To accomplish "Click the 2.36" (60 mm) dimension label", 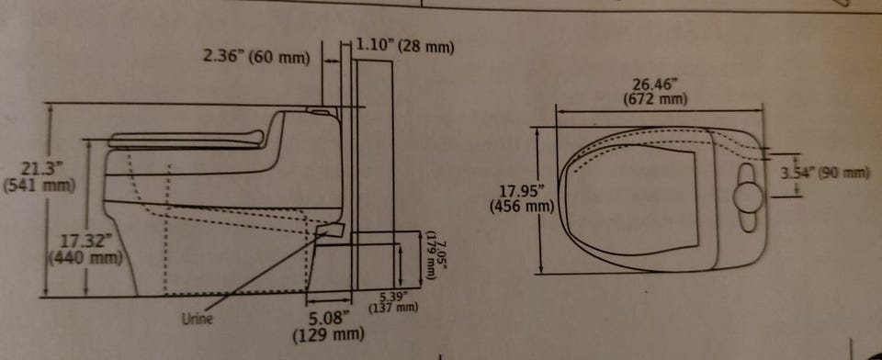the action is [x=256, y=57].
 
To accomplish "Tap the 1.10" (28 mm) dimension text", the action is [x=404, y=46].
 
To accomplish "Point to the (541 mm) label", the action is [x=40, y=186].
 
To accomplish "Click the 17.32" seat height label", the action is [x=84, y=242].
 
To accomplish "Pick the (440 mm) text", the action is [x=85, y=258].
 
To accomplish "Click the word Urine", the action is [x=197, y=319].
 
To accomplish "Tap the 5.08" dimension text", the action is [x=329, y=319].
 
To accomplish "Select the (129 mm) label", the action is [x=329, y=335].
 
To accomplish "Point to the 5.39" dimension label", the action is [x=393, y=298].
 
